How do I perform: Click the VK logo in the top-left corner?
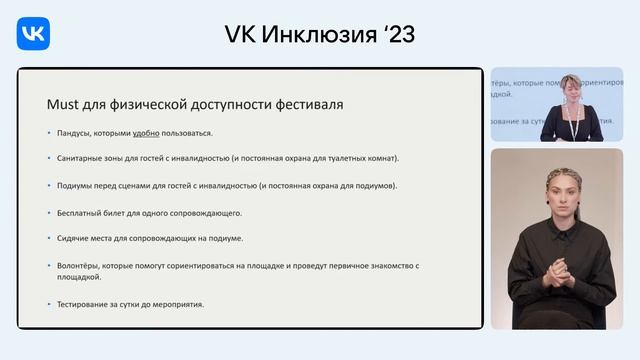click(34, 35)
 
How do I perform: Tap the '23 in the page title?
click(394, 34)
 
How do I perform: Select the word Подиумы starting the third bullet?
click(77, 185)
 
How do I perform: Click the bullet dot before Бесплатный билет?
click(49, 212)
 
